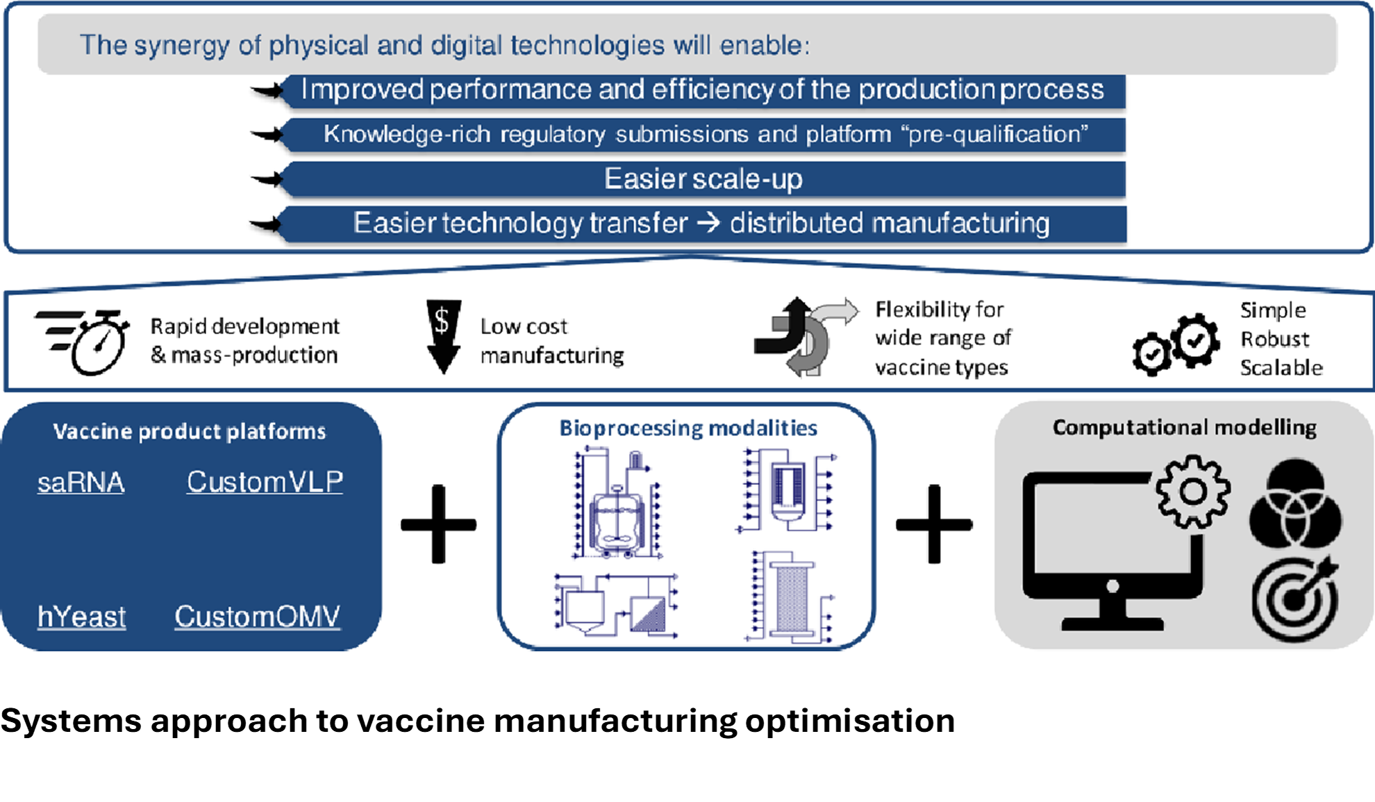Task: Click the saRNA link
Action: click(x=81, y=482)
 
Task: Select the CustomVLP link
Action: click(x=265, y=482)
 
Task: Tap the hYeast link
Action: click(x=81, y=617)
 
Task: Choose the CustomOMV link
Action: click(x=257, y=617)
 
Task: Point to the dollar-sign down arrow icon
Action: click(x=443, y=337)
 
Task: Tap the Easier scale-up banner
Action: click(x=703, y=179)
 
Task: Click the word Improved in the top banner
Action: click(x=362, y=90)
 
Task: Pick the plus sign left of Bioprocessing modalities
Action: click(x=438, y=524)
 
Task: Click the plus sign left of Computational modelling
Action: click(x=933, y=524)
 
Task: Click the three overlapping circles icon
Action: click(x=1295, y=504)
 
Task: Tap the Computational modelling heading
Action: click(x=1184, y=428)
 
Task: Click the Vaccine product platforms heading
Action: click(x=189, y=431)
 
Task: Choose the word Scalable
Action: click(x=1281, y=367)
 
